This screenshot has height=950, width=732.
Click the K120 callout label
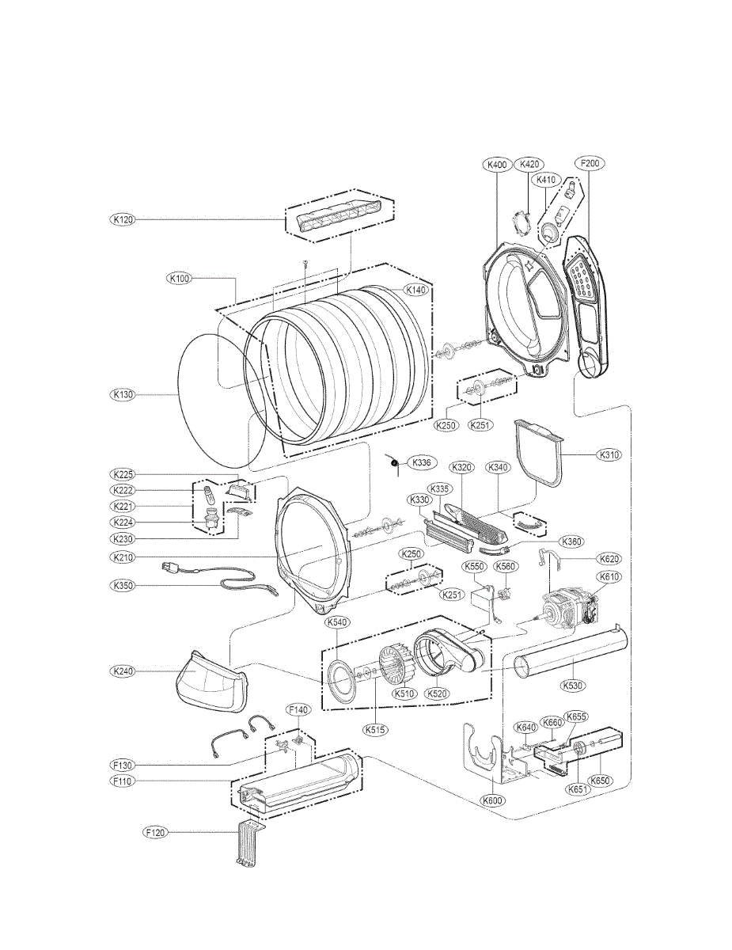pyautogui.click(x=123, y=219)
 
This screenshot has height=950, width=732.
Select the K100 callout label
pyautogui.click(x=179, y=279)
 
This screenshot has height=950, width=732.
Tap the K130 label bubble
pyautogui.click(x=123, y=393)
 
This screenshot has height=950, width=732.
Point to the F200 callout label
pyautogui.click(x=590, y=164)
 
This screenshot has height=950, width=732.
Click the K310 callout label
pyautogui.click(x=609, y=455)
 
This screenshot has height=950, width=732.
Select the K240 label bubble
pyautogui.click(x=123, y=671)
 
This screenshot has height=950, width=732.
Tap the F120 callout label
pyautogui.click(x=156, y=832)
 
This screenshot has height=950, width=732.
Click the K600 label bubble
pyautogui.click(x=494, y=800)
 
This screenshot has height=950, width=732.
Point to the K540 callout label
pyautogui.click(x=337, y=623)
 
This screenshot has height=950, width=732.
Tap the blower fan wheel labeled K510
pyautogui.click(x=395, y=670)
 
